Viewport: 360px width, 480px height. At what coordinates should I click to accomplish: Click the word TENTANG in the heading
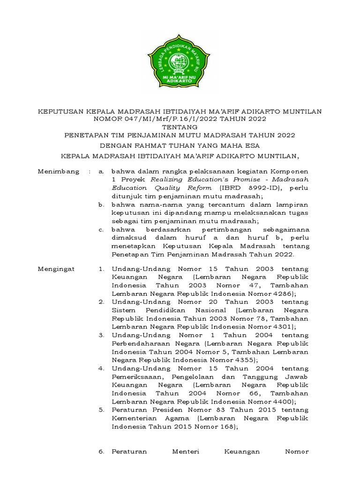point(180,127)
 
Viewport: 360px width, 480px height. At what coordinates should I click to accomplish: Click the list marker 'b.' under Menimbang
point(101,204)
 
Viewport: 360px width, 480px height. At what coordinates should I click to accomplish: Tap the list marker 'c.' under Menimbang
point(101,230)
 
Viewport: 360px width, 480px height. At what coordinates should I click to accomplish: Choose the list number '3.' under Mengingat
point(101,335)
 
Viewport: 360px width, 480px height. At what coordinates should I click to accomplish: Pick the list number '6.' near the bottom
point(101,451)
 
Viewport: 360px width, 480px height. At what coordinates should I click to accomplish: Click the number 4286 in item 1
point(282,293)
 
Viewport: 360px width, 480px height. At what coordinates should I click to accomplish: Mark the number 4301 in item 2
point(282,327)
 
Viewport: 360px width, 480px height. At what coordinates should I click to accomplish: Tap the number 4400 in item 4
point(282,402)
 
